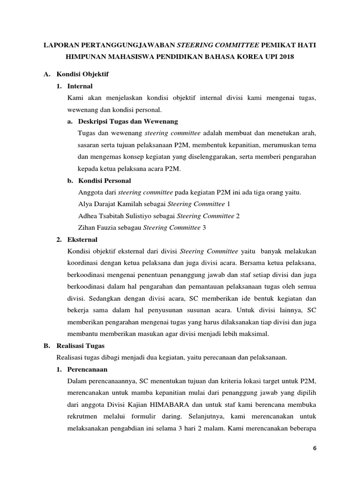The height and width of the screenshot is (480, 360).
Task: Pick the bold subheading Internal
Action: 80,86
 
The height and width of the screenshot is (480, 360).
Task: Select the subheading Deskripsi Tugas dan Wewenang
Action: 129,121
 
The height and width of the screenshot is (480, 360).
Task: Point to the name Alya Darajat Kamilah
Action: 107,204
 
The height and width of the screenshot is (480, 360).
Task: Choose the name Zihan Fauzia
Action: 96,227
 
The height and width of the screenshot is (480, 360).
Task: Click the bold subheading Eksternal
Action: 82,240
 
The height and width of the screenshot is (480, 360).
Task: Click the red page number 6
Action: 315,448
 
